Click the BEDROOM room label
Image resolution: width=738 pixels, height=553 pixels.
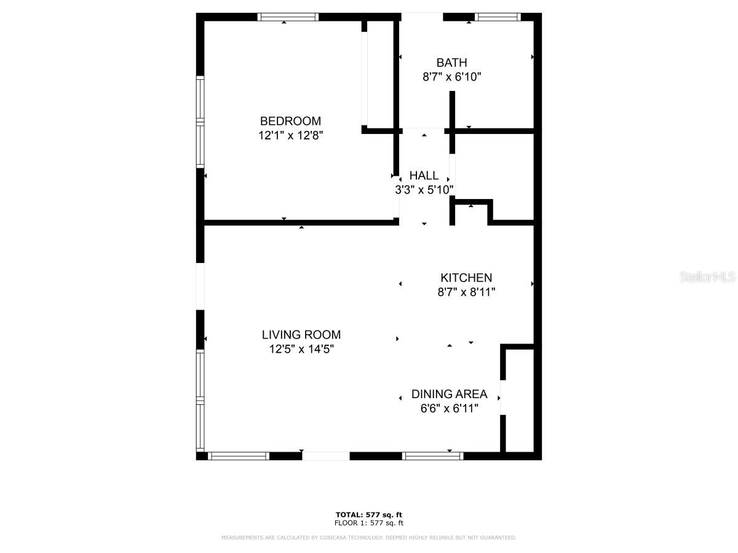click(x=290, y=121)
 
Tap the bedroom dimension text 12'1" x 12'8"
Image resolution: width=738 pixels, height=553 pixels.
click(x=290, y=135)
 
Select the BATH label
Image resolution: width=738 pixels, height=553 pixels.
click(x=451, y=63)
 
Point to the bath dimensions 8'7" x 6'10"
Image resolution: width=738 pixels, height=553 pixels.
click(x=451, y=77)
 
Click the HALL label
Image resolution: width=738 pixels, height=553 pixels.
click(x=424, y=175)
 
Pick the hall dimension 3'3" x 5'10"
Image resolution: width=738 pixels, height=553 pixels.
click(x=424, y=190)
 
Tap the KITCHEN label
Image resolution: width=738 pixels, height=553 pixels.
click(x=466, y=278)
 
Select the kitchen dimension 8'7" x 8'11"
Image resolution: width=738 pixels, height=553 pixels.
click(x=466, y=292)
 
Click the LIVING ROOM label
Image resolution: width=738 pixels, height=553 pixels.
click(x=301, y=335)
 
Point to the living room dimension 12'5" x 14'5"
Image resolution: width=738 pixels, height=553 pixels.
click(x=301, y=349)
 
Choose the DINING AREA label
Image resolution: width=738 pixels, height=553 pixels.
click(x=449, y=394)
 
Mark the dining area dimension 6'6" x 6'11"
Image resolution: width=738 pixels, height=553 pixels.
click(x=449, y=408)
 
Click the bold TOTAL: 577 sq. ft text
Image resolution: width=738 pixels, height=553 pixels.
click(x=369, y=515)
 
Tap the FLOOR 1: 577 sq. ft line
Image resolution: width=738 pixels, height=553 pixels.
click(x=369, y=523)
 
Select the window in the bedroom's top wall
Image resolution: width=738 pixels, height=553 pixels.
click(x=288, y=17)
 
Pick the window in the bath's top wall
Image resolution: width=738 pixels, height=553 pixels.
click(x=498, y=17)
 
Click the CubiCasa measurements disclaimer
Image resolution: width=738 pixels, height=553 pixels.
click(x=369, y=537)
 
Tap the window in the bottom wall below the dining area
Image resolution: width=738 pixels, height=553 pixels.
click(x=433, y=456)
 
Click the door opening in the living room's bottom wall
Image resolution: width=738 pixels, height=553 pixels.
click(x=326, y=456)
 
